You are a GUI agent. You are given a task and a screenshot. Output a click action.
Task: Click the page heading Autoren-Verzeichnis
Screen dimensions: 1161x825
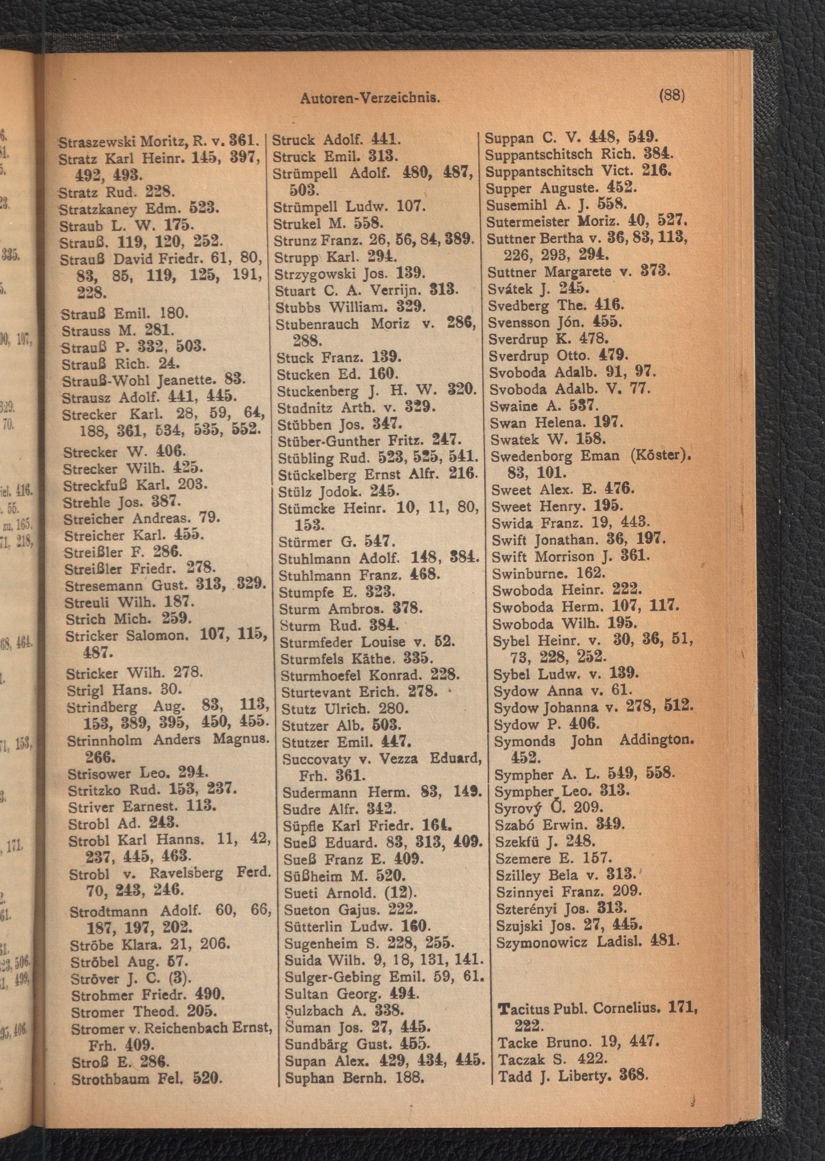point(370,98)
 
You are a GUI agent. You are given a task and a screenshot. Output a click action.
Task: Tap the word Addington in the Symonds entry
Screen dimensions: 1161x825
point(656,740)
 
